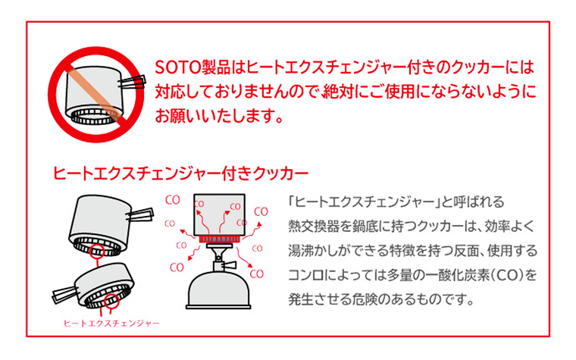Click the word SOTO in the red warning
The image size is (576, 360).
178,67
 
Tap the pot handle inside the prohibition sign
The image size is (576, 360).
133,82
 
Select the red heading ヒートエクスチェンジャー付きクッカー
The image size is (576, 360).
180,174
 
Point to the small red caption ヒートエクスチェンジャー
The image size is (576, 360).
111,324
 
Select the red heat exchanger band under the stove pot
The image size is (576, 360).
219,239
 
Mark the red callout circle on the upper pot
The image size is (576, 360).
97,250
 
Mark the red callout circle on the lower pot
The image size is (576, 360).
111,300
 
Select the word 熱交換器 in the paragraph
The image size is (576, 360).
314,227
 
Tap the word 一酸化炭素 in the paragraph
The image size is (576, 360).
458,275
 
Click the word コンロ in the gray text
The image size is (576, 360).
307,275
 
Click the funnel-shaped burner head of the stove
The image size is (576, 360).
218,252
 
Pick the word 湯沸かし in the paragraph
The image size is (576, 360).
314,251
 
